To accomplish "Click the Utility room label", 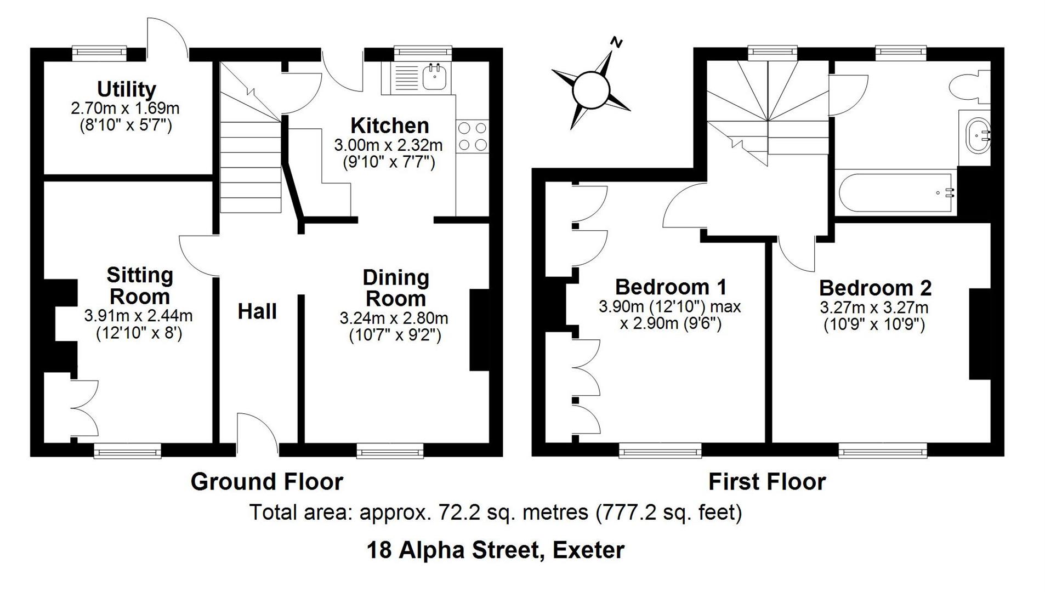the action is click(x=126, y=89).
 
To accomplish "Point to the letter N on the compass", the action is click(x=617, y=42).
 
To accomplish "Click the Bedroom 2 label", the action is click(x=875, y=288).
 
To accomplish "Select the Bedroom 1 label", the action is click(x=671, y=287).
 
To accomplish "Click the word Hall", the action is click(x=257, y=311).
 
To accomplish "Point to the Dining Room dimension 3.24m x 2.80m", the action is click(x=394, y=318).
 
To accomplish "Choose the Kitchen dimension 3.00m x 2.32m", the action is click(x=388, y=145).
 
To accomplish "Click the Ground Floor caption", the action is click(x=266, y=482).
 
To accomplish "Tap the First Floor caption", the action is click(x=766, y=482).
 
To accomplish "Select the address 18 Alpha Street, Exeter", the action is click(x=495, y=550).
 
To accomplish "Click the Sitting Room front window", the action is click(x=127, y=451).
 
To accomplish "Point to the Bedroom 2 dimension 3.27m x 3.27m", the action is click(x=874, y=307).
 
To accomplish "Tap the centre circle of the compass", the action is click(x=590, y=89).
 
